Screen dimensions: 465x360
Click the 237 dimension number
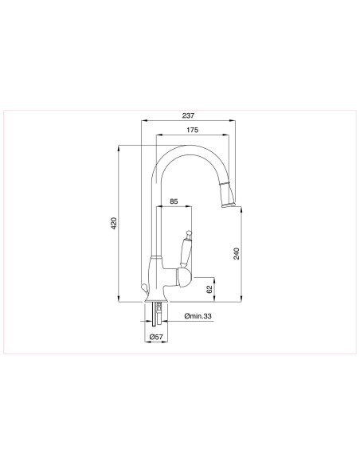pos(189,115)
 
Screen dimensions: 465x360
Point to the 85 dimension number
pos(174,202)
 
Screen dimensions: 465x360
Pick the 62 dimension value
pos(209,289)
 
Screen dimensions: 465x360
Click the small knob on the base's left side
pos(143,288)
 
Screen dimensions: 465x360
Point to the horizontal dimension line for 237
pos(189,121)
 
